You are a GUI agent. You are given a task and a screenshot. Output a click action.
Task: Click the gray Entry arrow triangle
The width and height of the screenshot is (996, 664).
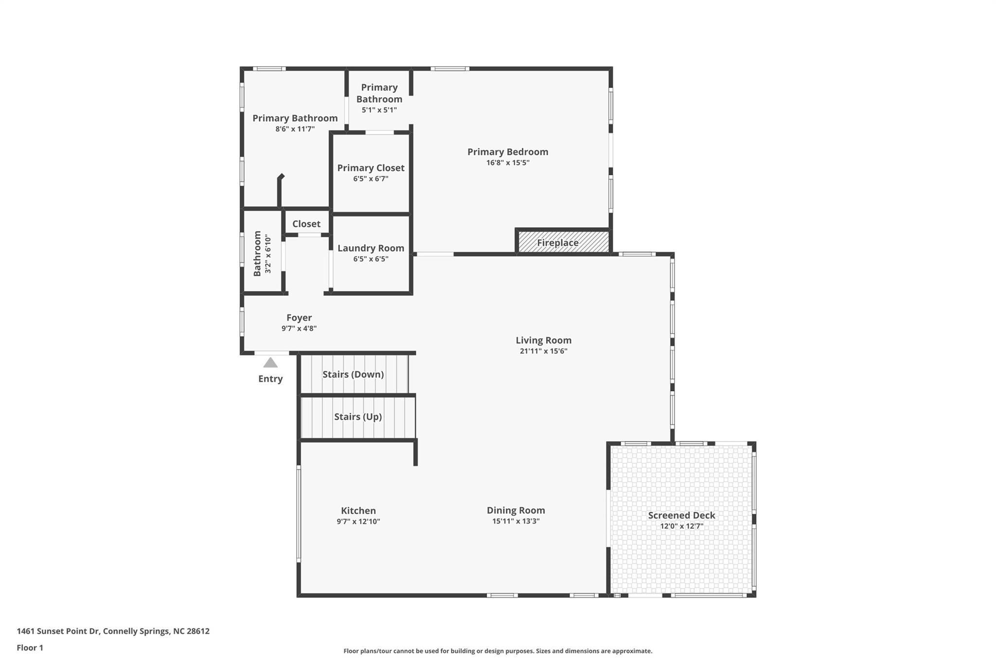point(270,362)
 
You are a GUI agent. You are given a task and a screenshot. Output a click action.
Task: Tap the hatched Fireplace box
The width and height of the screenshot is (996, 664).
point(563,242)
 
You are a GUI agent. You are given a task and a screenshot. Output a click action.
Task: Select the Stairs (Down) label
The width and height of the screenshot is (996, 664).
point(353,374)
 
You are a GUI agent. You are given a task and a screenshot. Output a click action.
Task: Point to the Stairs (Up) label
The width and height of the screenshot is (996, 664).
point(358,416)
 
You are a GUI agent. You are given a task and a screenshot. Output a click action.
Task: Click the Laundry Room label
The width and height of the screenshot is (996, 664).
point(371,248)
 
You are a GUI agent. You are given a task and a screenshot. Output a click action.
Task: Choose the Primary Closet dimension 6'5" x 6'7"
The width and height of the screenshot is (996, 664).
point(371,179)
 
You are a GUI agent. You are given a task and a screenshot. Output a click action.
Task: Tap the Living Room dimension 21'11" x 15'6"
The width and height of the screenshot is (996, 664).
point(544,351)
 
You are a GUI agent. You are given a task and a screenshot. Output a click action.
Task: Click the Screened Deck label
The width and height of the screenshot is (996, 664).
point(682,515)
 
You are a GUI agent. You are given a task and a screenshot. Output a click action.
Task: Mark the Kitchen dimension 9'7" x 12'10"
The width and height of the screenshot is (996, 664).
point(358,521)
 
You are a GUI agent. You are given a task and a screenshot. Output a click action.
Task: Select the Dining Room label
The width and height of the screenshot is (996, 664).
point(516,510)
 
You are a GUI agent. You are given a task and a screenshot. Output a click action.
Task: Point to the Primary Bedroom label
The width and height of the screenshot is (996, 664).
point(508,152)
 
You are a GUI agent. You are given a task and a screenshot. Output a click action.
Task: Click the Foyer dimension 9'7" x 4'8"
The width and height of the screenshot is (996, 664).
point(299,328)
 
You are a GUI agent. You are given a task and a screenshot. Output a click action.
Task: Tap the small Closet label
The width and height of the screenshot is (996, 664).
point(306,224)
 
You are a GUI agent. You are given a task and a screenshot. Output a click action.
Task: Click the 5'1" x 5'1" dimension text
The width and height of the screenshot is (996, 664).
point(379,110)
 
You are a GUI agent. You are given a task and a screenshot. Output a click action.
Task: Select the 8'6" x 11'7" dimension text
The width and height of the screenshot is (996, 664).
point(295,129)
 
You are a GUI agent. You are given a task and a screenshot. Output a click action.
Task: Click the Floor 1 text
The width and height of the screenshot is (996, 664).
point(30,647)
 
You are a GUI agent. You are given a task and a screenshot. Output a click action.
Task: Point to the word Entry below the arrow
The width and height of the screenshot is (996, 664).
point(270,378)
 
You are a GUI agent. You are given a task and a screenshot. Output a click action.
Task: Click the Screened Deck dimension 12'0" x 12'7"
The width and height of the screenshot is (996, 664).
point(682,526)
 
